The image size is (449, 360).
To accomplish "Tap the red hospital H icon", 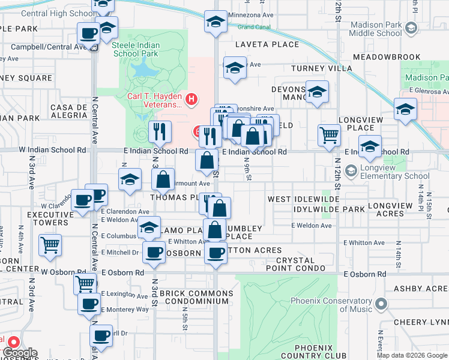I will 191,99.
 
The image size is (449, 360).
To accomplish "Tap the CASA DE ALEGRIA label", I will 70,112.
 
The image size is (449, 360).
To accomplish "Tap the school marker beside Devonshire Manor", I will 317,91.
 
